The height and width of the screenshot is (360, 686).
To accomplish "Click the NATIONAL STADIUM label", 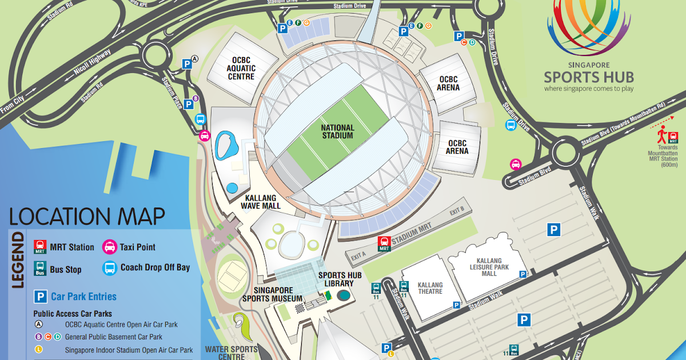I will coord(337,131).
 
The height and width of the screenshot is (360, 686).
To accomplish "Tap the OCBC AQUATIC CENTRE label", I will coord(241,68).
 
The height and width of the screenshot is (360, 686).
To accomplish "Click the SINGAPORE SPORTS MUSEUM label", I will coord(272,294).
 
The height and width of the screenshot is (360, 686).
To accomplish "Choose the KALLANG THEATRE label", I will coord(430,288).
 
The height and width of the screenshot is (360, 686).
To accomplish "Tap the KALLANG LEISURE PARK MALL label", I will coord(485,266).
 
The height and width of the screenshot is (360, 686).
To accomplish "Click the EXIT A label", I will coord(359,257).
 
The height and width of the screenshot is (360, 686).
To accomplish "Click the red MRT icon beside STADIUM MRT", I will coord(384,244).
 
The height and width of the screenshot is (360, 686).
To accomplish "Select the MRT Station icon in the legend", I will coord(40,247).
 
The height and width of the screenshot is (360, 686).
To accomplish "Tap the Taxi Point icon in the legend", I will coord(109,247).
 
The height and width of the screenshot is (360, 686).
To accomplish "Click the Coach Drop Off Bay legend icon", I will coord(109,268).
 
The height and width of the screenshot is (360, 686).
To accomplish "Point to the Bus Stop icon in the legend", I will coord(40,269).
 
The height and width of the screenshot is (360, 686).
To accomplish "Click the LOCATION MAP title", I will coord(87,217).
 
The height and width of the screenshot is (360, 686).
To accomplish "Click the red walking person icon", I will coord(662,136).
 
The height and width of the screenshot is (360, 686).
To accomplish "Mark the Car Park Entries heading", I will coord(83,297).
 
